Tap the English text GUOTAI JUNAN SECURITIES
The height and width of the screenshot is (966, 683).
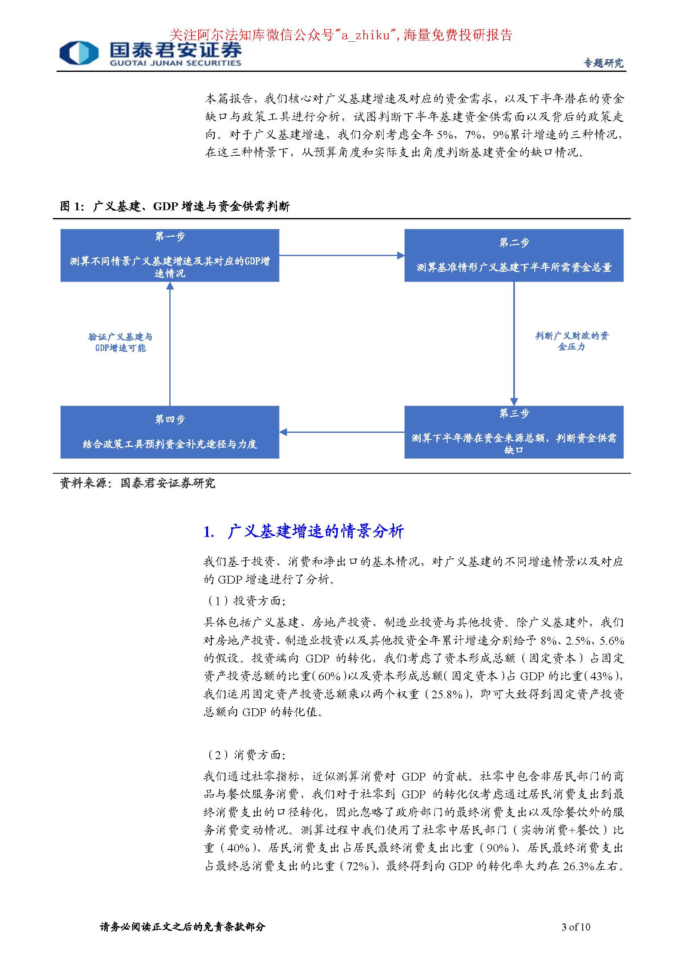coord(175,63)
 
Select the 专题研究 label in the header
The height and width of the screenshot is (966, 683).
coord(603,63)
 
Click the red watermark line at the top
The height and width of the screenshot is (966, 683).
coord(341,35)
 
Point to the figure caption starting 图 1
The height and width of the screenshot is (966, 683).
coord(175,206)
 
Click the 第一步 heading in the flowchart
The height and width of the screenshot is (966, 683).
coord(169,237)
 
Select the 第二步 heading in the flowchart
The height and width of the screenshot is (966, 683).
coord(514,242)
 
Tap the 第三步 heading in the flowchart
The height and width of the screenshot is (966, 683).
coord(514,413)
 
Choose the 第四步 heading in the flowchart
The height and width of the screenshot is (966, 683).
coord(169,419)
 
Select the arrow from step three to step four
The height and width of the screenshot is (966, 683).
coord(341,432)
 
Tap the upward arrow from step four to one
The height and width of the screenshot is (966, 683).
coord(170,343)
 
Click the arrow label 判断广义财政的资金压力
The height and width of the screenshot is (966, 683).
coord(572,341)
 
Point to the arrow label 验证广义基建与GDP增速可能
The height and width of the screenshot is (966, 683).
coord(120,342)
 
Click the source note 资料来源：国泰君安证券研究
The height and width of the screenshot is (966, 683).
coord(138,483)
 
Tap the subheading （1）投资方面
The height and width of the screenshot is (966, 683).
coord(246,600)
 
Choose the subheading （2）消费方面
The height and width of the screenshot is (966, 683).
coord(246,755)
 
